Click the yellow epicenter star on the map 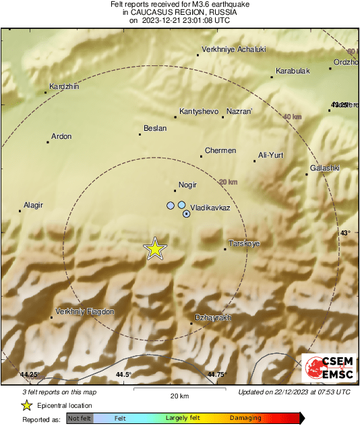tap(155, 249)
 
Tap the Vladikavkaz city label tap(210, 208)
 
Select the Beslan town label tap(155, 127)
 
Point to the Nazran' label tap(239, 111)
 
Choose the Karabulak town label tap(293, 71)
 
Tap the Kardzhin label tap(64, 86)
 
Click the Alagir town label tap(34, 204)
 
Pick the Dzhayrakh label tap(212, 317)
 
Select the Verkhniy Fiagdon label tap(84, 311)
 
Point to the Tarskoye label tap(245, 243)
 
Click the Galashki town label tap(324, 168)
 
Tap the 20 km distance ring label tap(229, 182)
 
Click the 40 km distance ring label tap(292, 117)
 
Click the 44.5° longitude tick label tap(123, 375)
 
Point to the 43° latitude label tap(344, 233)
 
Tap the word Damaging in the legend tap(245, 419)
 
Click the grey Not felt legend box tap(80, 419)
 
